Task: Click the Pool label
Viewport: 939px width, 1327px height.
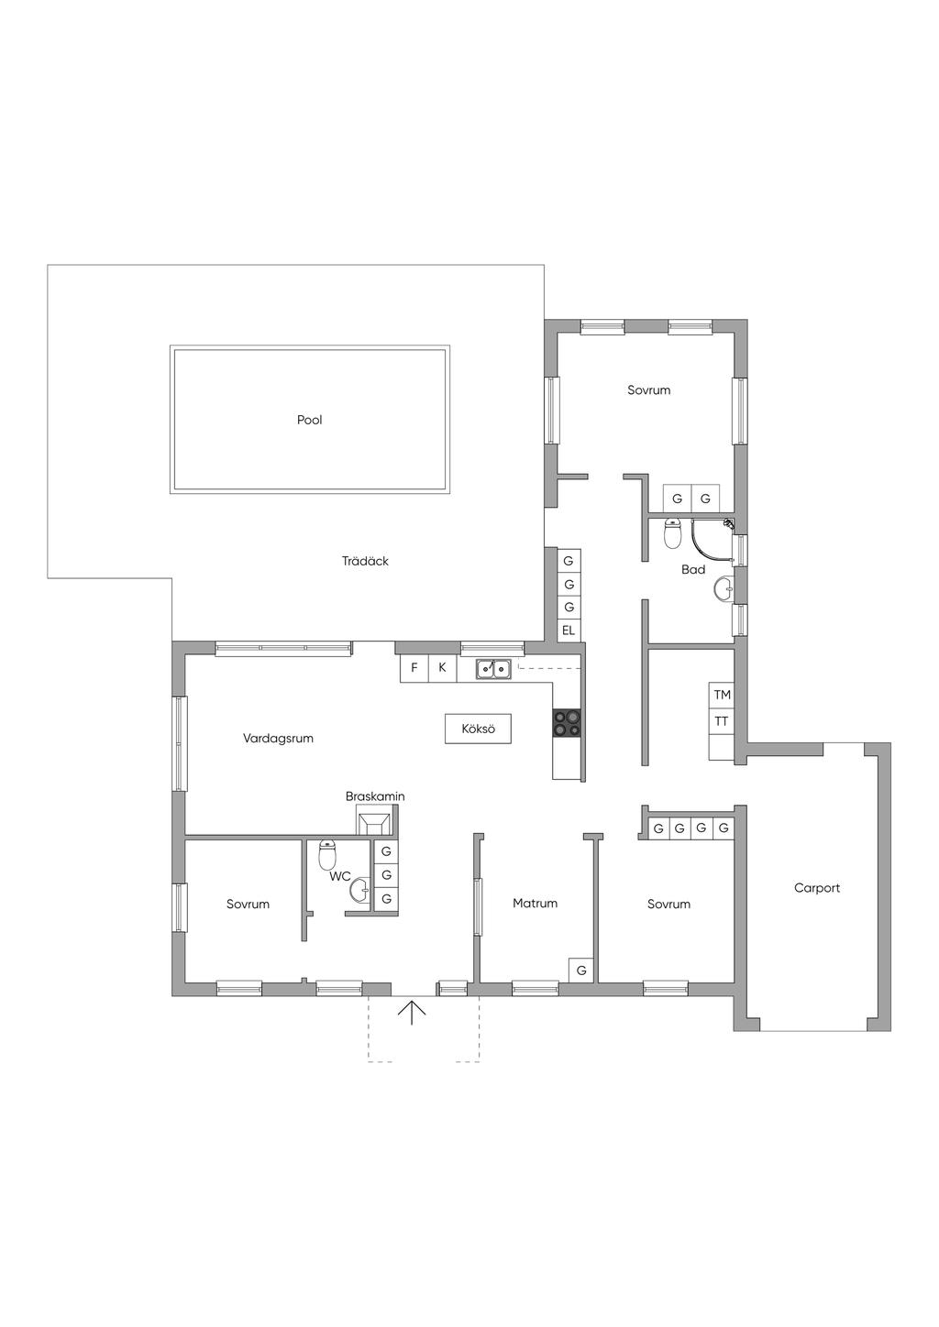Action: (x=309, y=420)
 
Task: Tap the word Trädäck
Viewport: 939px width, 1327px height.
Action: (x=365, y=561)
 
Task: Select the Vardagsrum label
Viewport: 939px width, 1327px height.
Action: (x=278, y=739)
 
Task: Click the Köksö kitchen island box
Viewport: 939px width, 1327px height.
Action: (x=479, y=729)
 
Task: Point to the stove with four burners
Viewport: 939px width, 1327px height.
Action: (x=566, y=723)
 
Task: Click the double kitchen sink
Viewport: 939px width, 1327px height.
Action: (x=492, y=669)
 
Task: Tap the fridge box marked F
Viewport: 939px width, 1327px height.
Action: (x=414, y=668)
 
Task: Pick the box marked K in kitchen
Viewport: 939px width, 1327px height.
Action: (x=442, y=668)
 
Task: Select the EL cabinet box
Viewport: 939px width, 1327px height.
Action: (x=569, y=631)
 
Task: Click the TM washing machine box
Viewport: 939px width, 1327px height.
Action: (x=722, y=695)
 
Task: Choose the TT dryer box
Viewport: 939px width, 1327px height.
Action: (x=722, y=721)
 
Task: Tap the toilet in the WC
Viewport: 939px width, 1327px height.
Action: (x=327, y=854)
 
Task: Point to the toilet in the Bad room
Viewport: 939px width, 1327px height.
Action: (x=672, y=533)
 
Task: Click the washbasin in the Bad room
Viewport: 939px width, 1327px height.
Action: (x=724, y=589)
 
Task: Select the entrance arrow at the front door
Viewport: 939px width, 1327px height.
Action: (x=412, y=1013)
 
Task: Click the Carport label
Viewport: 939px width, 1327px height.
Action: (x=817, y=888)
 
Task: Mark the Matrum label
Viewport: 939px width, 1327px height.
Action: (x=536, y=904)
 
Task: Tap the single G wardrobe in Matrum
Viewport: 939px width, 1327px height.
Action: (x=581, y=971)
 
